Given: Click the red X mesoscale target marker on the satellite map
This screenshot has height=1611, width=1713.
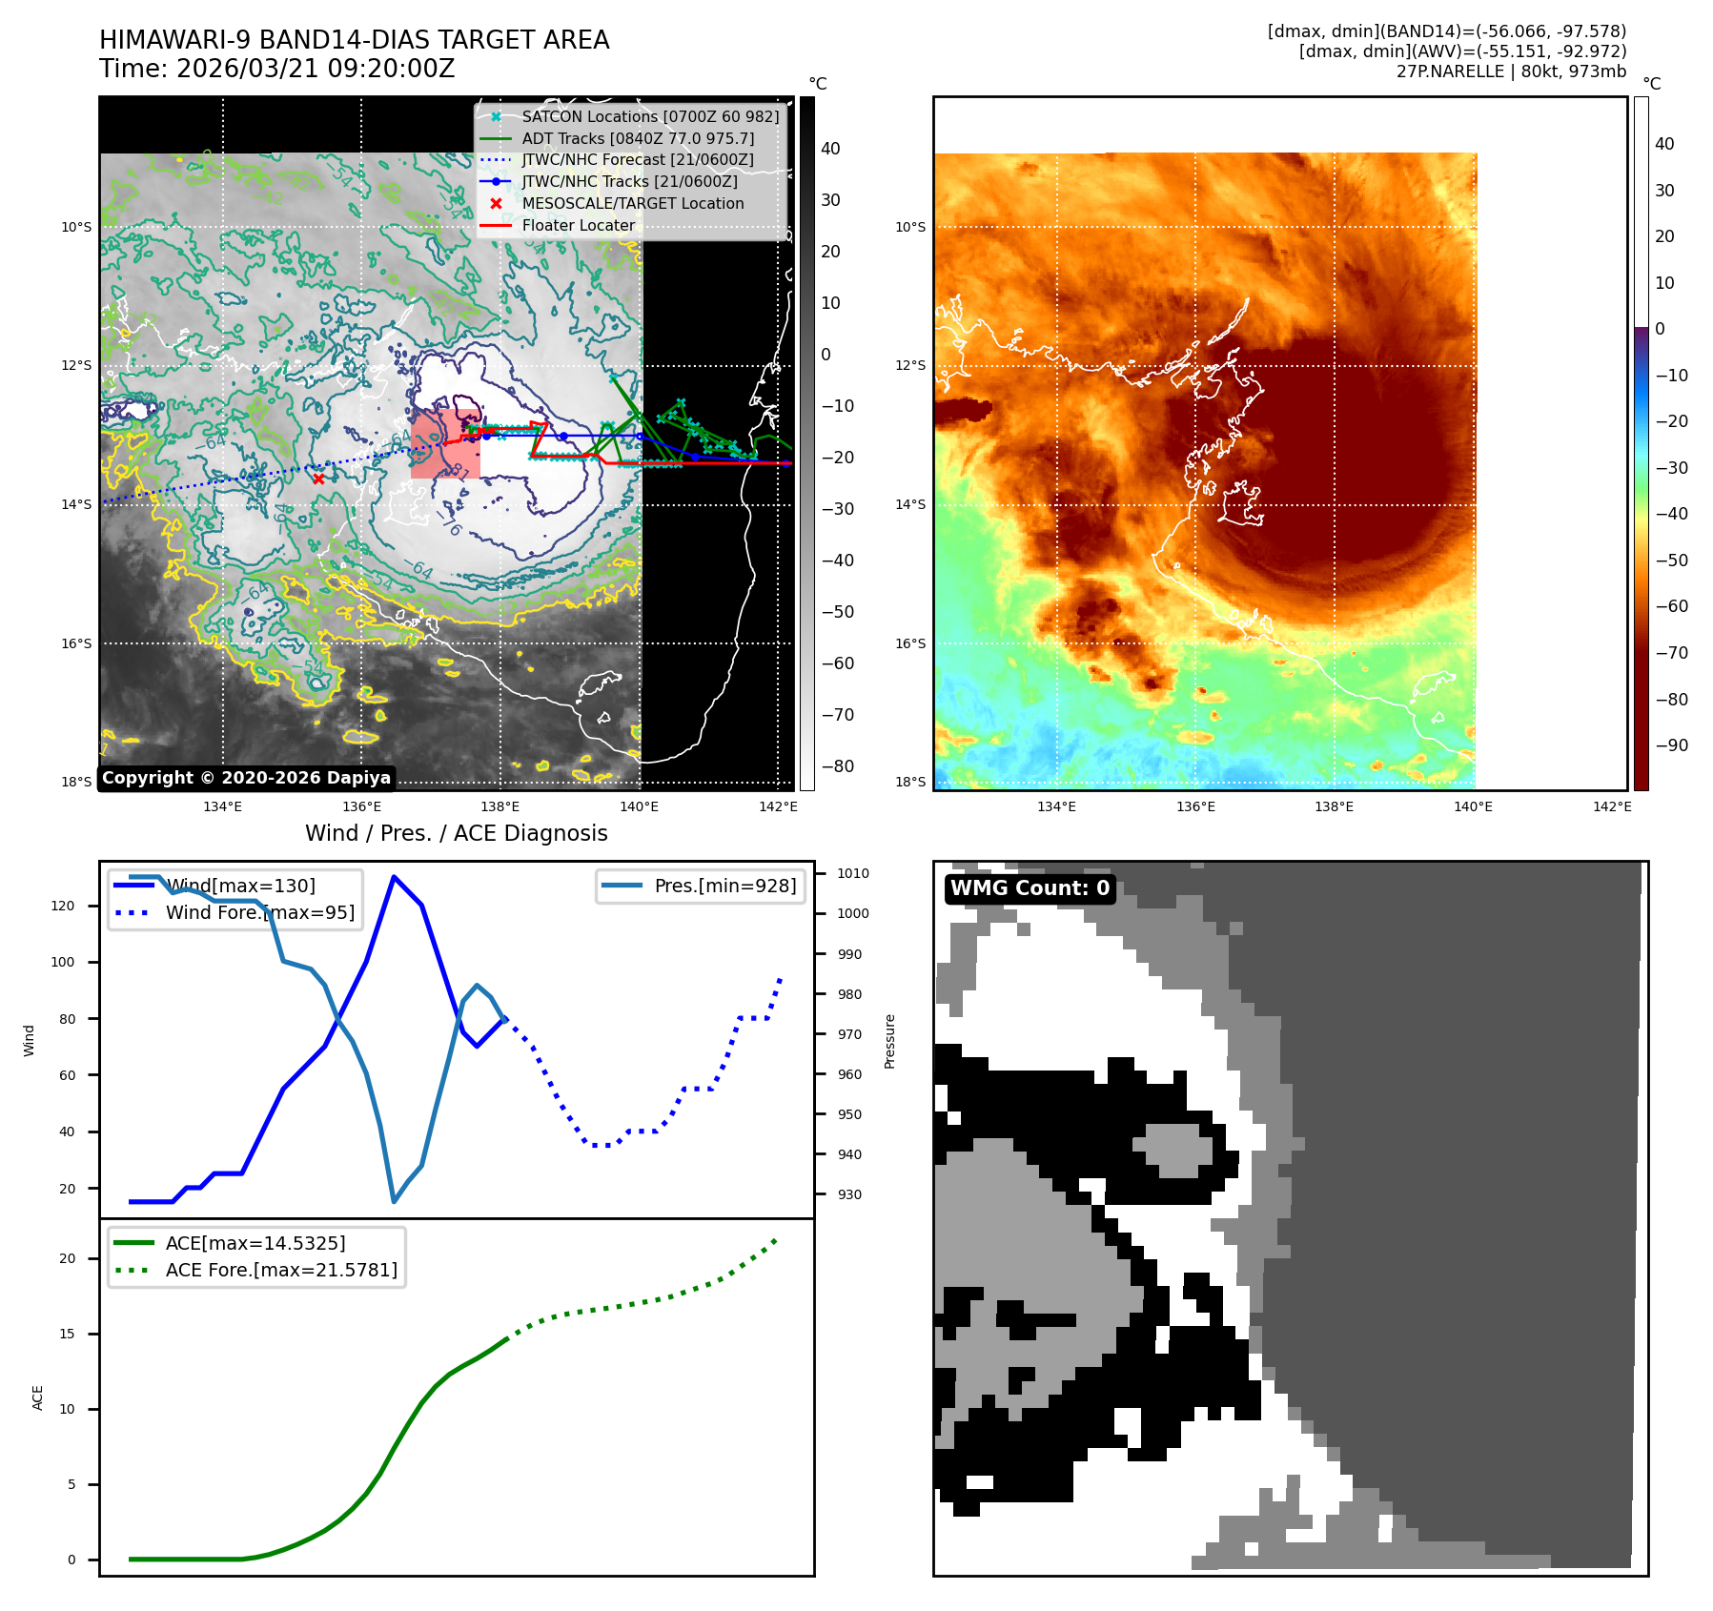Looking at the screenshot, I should [x=318, y=479].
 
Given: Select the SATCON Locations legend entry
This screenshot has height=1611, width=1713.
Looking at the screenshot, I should [x=649, y=116].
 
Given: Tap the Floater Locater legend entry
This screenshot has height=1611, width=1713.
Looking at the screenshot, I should [x=578, y=226].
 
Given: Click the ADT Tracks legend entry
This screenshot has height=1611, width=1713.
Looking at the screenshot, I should [x=637, y=138].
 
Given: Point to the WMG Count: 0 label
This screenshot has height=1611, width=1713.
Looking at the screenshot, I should [x=1030, y=888].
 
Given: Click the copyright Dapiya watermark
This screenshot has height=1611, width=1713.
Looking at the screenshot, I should [x=246, y=778].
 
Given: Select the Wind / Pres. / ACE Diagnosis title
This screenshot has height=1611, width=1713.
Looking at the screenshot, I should [x=456, y=833].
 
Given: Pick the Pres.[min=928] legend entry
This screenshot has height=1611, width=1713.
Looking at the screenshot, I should [x=724, y=886].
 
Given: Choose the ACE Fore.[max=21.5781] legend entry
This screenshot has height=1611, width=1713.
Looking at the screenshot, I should [x=280, y=1270].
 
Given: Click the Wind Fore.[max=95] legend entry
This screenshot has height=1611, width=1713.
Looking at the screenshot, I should [x=259, y=912].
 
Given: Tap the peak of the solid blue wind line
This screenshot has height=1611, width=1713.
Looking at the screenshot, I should [x=394, y=877].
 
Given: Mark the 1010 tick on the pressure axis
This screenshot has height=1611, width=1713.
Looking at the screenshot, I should [x=852, y=873].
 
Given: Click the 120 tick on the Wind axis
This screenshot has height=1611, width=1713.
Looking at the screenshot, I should [x=63, y=906].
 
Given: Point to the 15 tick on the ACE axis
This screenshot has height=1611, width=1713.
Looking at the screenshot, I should [x=67, y=1334].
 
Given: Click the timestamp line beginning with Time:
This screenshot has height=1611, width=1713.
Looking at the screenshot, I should [x=276, y=69].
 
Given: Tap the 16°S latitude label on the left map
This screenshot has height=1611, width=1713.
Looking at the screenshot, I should [x=76, y=643].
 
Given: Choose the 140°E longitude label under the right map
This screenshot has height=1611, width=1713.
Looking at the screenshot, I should [x=1473, y=807].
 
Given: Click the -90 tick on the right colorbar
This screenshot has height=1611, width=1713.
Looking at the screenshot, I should [x=1671, y=745].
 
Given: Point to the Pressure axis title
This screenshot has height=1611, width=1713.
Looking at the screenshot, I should [x=889, y=1041].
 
